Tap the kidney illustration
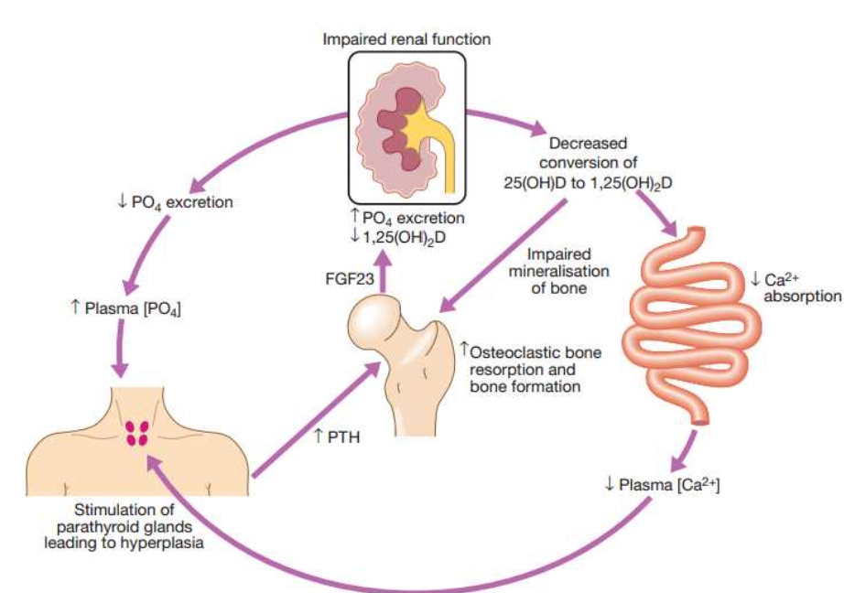pyautogui.click(x=402, y=128)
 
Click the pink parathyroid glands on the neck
pyautogui.click(x=137, y=434)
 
